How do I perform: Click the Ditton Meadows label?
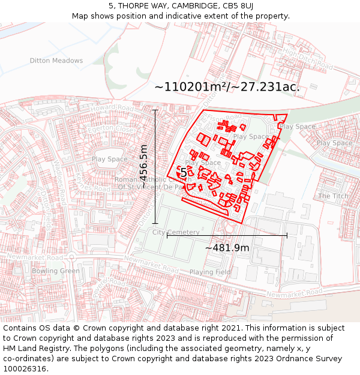(56, 61)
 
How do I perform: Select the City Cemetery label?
(176, 232)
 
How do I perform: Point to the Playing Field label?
(210, 272)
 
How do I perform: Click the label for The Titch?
(333, 196)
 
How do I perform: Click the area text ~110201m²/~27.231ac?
(227, 87)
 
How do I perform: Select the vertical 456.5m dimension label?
(143, 163)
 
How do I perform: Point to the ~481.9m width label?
(227, 248)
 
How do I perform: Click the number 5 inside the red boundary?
(184, 173)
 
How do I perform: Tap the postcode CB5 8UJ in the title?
(238, 6)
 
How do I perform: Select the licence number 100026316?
(25, 369)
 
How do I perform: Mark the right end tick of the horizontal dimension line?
(287, 235)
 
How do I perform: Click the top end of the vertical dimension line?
(155, 110)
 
